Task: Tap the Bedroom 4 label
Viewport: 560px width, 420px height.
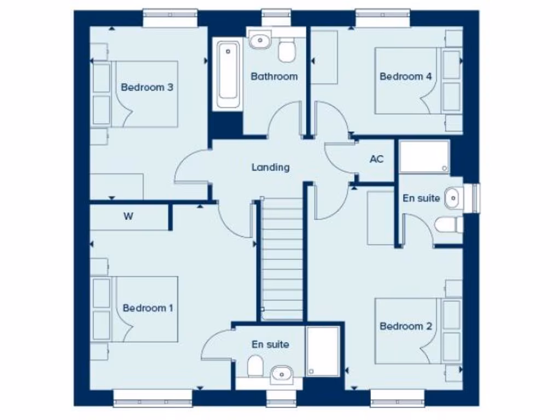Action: (405, 77)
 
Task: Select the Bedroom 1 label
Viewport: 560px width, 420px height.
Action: (148, 308)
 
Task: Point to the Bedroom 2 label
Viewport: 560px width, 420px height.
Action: (405, 326)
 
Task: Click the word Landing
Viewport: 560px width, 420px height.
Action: (270, 167)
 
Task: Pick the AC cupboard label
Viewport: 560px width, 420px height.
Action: (376, 159)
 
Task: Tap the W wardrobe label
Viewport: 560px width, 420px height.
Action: (128, 217)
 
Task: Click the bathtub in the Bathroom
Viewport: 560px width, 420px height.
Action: (227, 74)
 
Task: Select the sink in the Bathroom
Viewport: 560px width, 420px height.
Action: (260, 39)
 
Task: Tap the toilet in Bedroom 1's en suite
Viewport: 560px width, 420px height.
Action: (255, 366)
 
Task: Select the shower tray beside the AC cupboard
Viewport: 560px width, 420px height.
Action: (424, 157)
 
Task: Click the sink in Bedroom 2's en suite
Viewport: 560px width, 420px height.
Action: (452, 197)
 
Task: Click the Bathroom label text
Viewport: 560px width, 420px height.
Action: (274, 77)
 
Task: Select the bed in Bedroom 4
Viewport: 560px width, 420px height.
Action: (407, 80)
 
